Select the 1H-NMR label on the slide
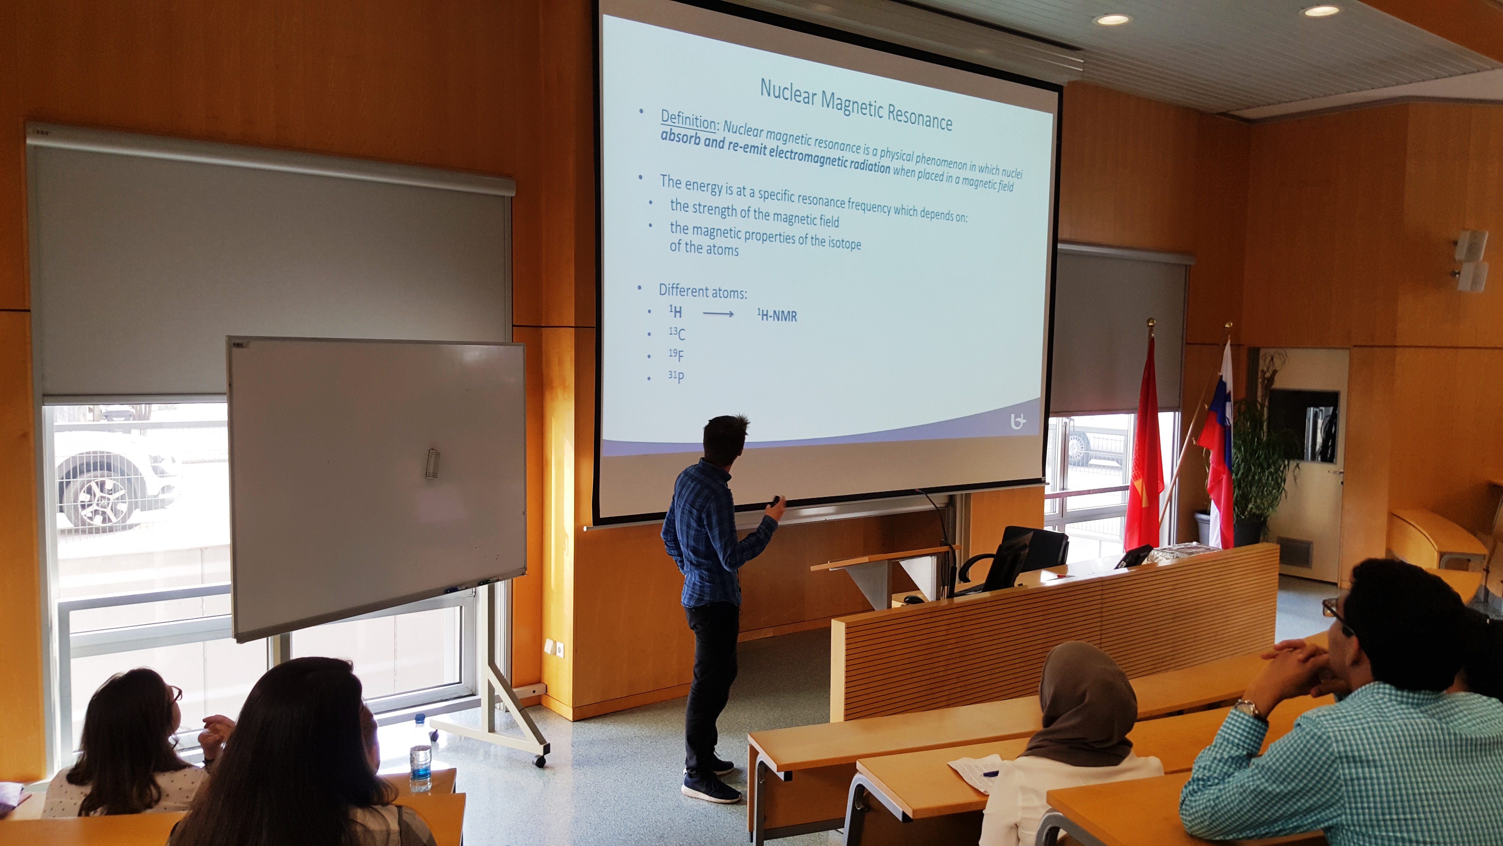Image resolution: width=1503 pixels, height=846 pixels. point(777,316)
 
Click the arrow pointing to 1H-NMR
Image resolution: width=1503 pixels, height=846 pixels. point(718,314)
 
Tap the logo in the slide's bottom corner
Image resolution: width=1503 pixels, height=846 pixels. point(1017,421)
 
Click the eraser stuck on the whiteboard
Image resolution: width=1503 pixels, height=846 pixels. point(432,464)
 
